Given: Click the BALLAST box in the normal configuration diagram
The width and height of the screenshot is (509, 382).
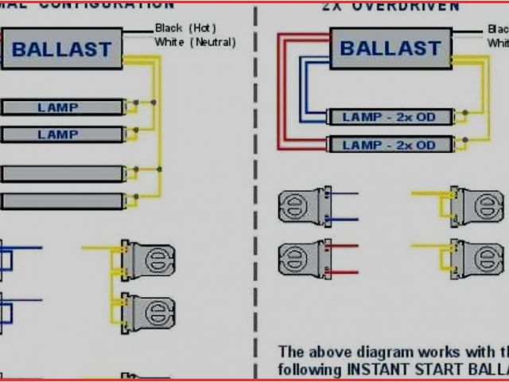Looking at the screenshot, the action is pyautogui.click(x=61, y=49).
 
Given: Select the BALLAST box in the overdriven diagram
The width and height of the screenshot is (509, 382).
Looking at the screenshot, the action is pyautogui.click(x=392, y=48).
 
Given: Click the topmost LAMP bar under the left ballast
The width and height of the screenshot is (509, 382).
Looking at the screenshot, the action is pyautogui.click(x=62, y=107).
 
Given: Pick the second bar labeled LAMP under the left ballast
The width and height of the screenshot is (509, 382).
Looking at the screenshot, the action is pyautogui.click(x=62, y=134).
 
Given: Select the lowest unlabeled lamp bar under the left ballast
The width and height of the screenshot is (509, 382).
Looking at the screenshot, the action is pyautogui.click(x=62, y=201).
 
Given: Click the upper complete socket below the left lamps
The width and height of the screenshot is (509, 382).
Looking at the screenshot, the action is pyautogui.click(x=148, y=259).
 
